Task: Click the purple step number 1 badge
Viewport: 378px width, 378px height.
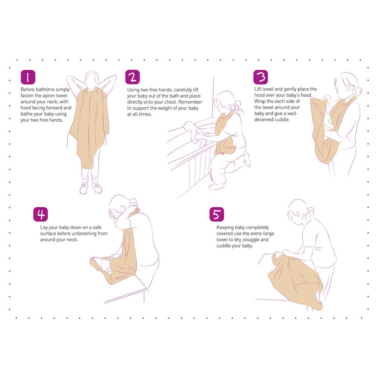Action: (28, 77)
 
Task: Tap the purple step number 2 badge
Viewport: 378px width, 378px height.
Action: (132, 77)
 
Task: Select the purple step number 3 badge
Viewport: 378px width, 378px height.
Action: (260, 77)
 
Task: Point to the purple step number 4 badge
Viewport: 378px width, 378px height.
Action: (40, 214)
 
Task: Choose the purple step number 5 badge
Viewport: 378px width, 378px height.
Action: (217, 214)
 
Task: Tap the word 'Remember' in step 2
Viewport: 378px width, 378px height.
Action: (190, 102)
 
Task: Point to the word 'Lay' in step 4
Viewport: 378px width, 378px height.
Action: (43, 227)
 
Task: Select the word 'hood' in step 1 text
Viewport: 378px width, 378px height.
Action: (26, 108)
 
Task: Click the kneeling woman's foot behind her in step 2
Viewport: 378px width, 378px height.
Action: (247, 160)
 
